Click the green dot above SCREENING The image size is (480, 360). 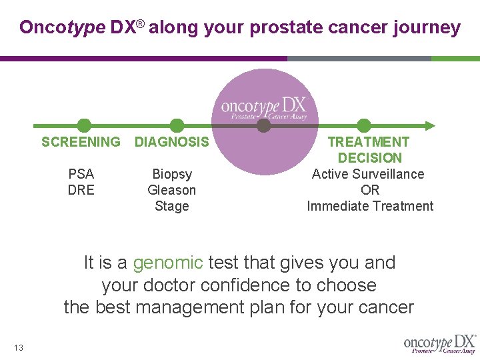[84, 125]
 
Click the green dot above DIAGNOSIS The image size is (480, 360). [177, 125]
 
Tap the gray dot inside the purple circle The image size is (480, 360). [264, 125]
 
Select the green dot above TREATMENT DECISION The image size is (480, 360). [364, 125]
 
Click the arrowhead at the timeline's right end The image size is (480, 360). [431, 125]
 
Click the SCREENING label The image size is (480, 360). [81, 142]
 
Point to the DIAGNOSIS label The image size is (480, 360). [172, 142]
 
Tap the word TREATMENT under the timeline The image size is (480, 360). [368, 142]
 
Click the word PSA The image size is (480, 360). [81, 174]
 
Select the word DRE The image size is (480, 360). [81, 190]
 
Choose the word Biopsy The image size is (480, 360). [172, 174]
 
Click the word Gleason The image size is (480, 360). [172, 190]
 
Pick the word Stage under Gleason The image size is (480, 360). [172, 206]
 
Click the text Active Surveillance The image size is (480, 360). [368, 174]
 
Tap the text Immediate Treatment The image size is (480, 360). [370, 206]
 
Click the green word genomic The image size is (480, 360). [168, 263]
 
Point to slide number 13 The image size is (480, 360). [18, 347]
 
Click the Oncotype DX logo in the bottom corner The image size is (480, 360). [439, 343]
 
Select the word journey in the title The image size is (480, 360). [426, 27]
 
